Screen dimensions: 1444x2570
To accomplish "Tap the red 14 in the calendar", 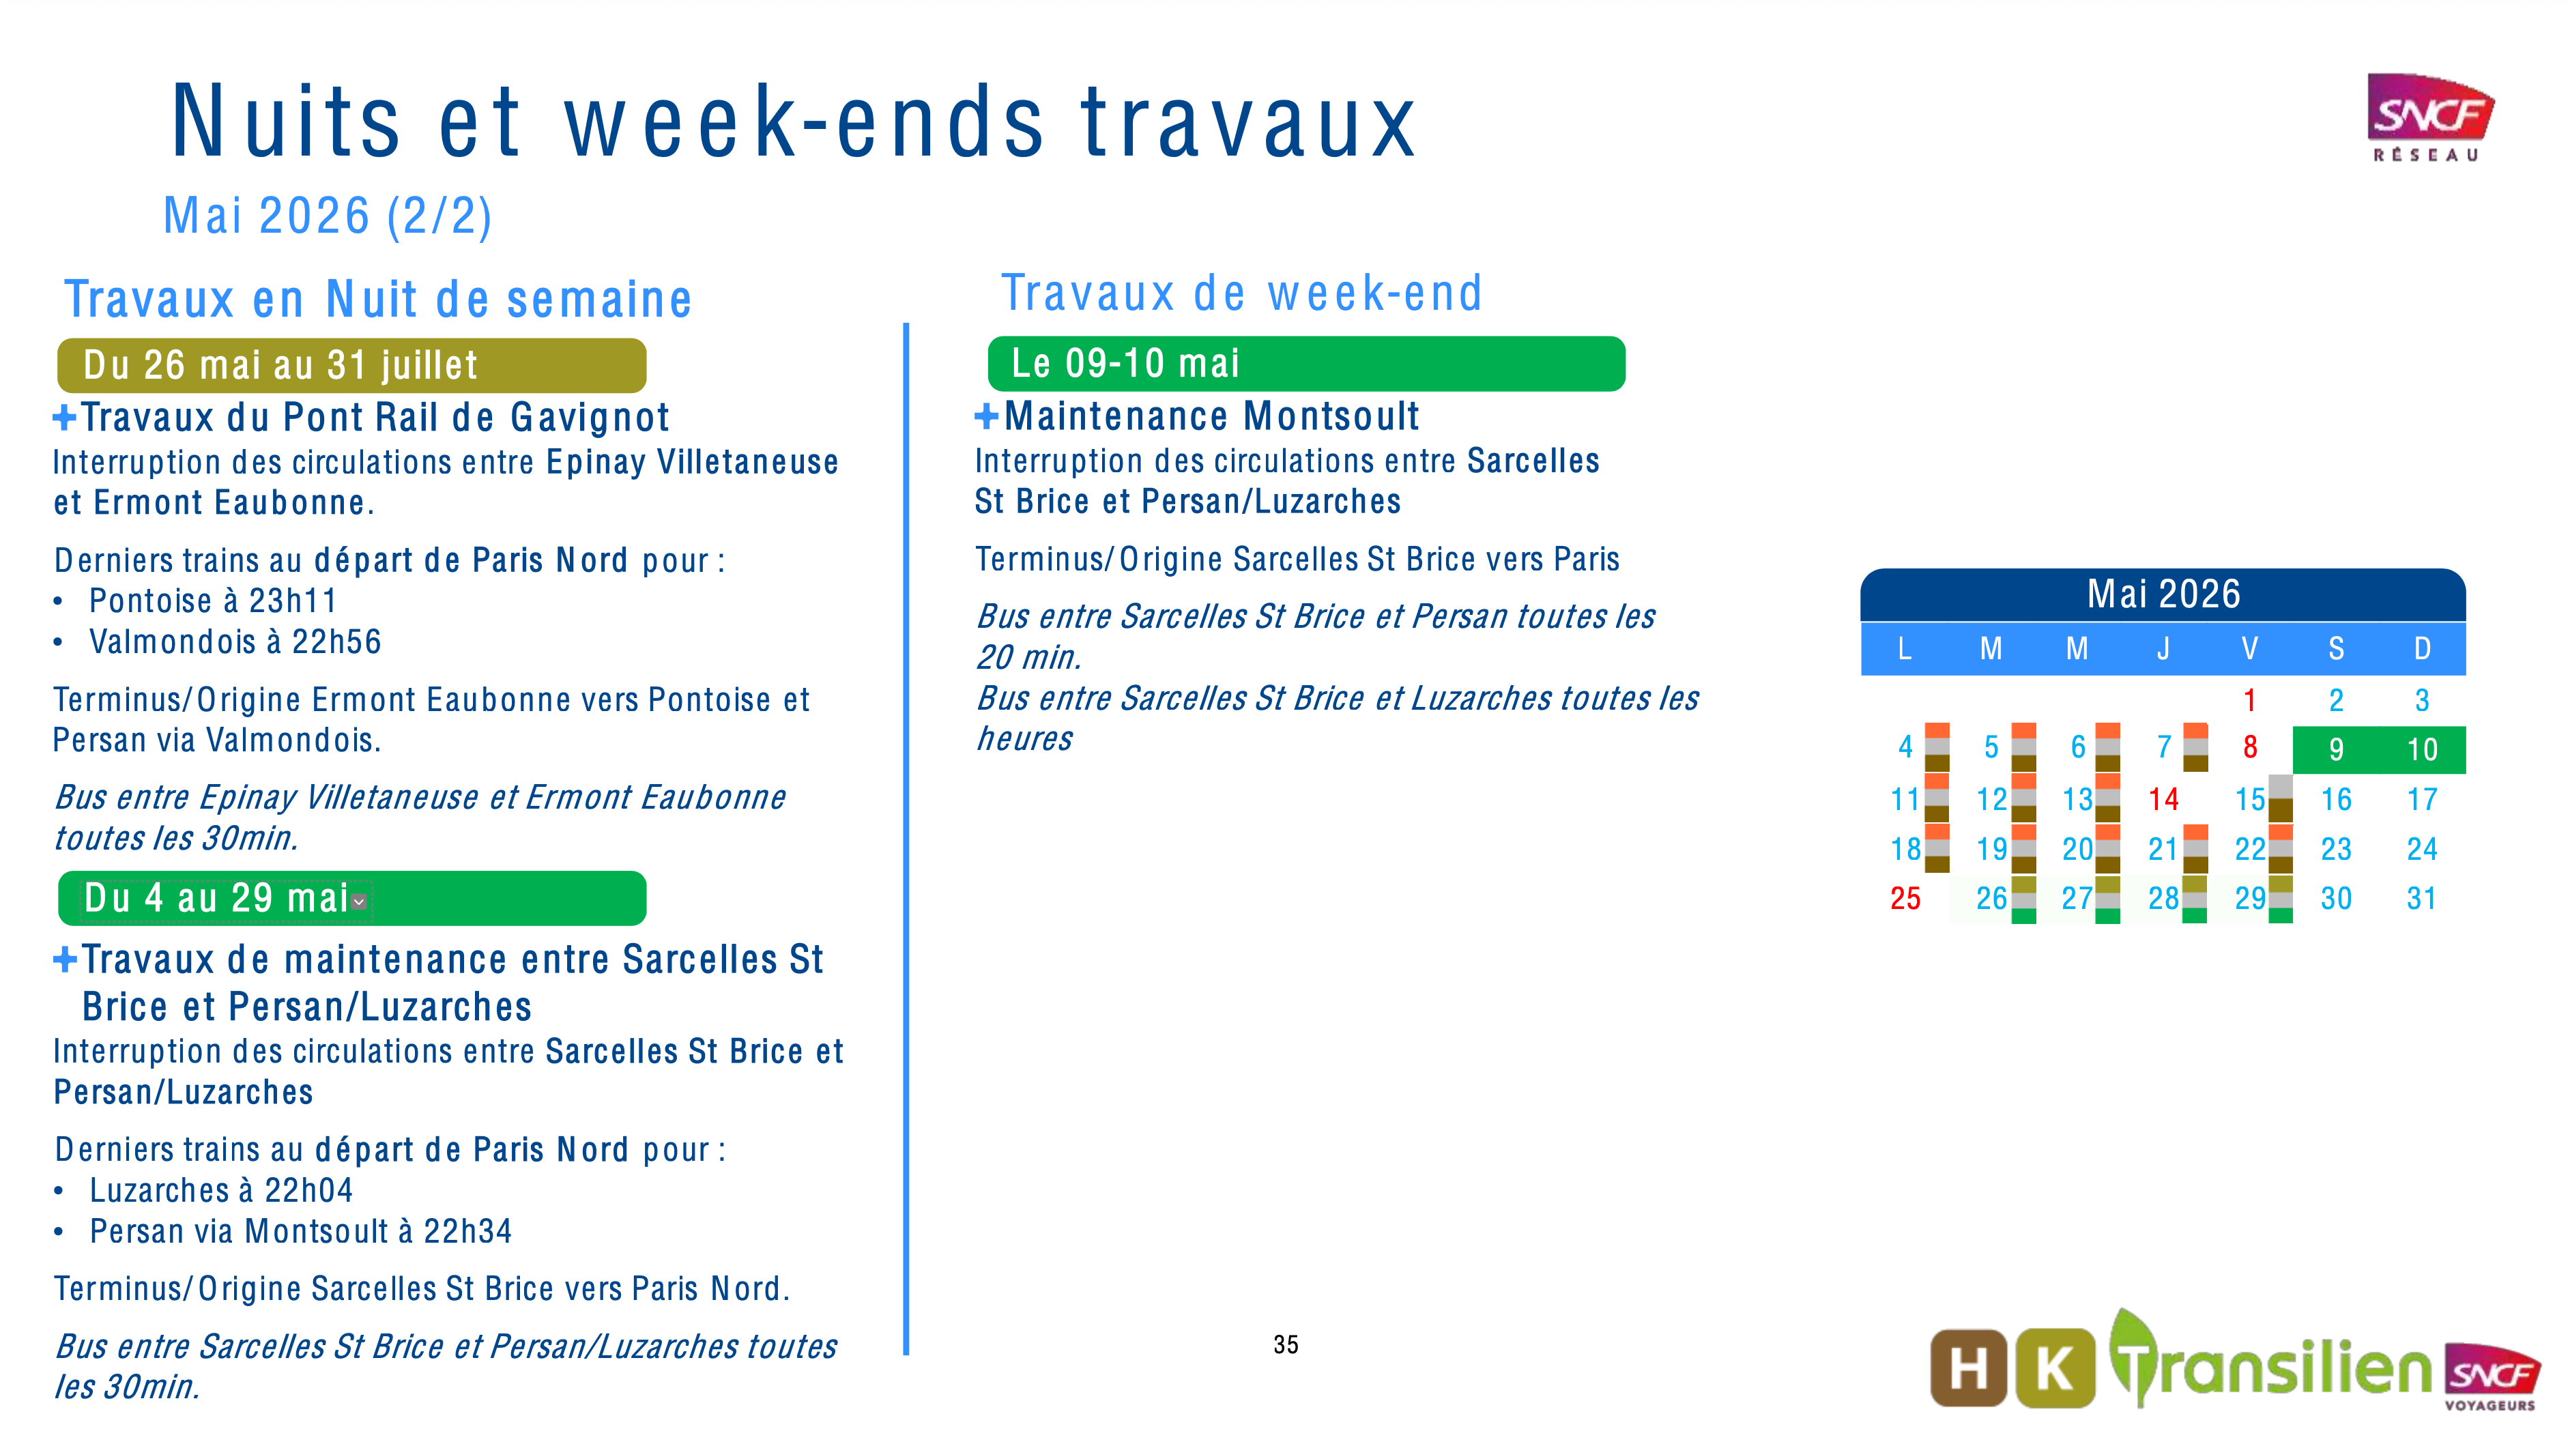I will pyautogui.click(x=2163, y=799).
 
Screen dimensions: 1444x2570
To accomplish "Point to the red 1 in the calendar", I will pyautogui.click(x=2250, y=701).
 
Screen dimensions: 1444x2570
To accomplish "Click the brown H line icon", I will pyautogui.click(x=1967, y=1367).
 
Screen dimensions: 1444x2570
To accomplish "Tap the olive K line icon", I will pyautogui.click(x=2054, y=1367).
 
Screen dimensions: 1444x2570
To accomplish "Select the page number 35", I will pyautogui.click(x=1286, y=1345).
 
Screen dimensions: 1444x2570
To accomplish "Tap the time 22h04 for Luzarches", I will pyautogui.click(x=308, y=1191).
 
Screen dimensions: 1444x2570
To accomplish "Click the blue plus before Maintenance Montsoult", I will pyautogui.click(x=985, y=417).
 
